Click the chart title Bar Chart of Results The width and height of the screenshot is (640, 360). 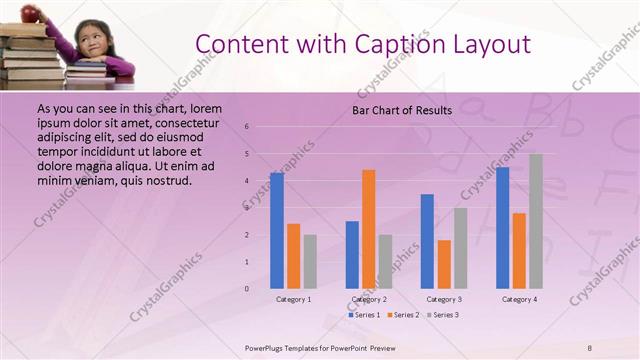(x=402, y=110)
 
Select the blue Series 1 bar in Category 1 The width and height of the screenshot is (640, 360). (x=277, y=231)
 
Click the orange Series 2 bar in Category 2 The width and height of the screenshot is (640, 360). (x=369, y=229)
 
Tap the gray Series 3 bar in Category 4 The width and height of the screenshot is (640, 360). (x=536, y=221)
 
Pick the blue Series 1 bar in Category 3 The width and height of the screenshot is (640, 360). (x=427, y=241)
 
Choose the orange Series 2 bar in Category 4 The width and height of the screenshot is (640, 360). (x=519, y=251)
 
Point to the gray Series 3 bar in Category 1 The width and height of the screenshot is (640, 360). (x=310, y=262)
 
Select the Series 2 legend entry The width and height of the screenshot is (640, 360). (x=402, y=315)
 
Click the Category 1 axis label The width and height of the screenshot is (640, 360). (x=293, y=299)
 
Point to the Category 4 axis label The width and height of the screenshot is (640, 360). (x=519, y=299)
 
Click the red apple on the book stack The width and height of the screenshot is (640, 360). (x=31, y=13)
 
